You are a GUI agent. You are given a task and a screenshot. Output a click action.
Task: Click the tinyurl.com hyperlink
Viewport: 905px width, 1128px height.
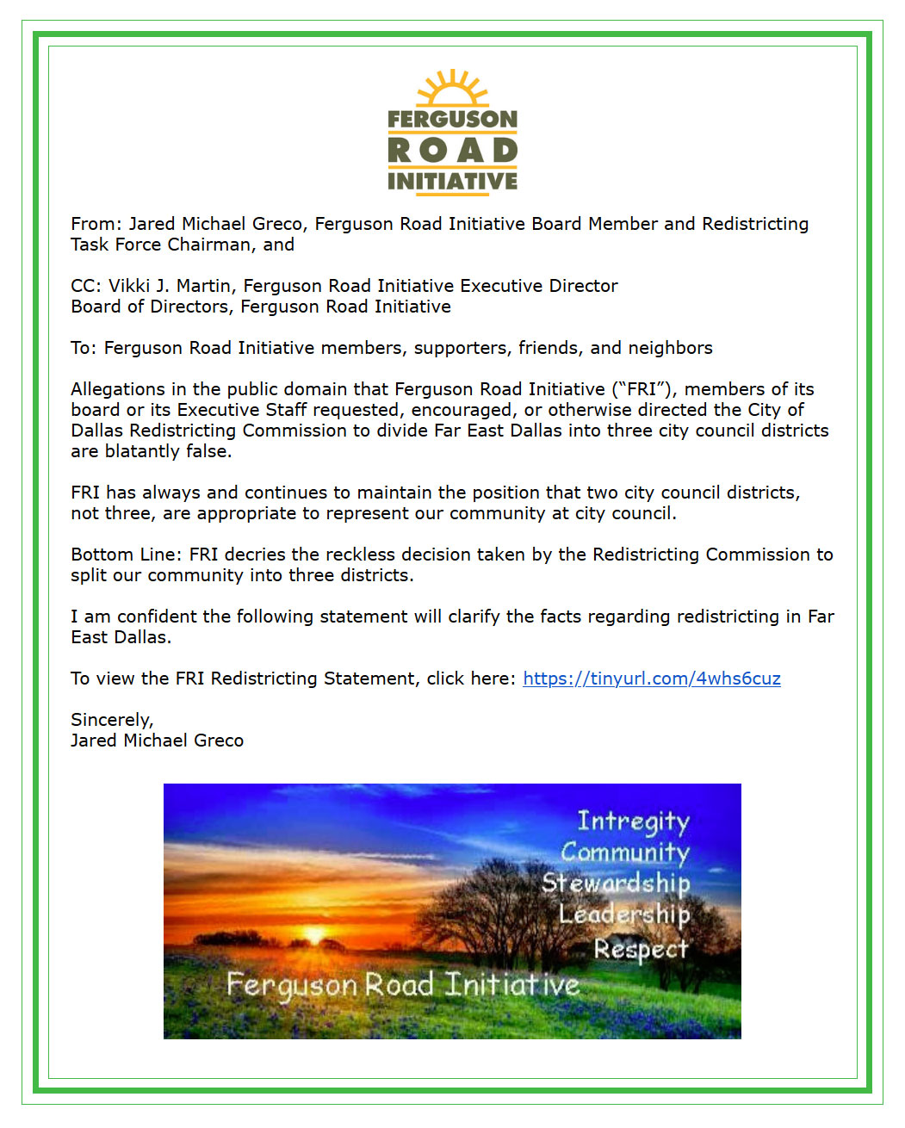[x=651, y=679]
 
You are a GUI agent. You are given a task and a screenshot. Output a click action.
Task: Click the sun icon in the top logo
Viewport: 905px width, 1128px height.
[x=452, y=89]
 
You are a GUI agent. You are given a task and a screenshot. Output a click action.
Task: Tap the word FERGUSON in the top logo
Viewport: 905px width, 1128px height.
[x=452, y=119]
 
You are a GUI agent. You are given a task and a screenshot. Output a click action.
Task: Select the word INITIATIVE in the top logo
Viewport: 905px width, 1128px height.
[x=452, y=181]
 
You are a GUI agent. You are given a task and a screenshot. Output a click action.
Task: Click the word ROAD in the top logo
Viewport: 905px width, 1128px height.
[x=452, y=151]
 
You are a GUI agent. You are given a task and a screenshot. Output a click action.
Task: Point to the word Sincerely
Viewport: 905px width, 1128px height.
[x=112, y=720]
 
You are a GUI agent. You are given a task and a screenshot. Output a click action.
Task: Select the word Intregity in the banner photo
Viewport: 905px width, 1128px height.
[x=633, y=821]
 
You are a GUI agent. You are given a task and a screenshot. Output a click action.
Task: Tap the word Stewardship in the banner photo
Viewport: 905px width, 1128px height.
[x=616, y=883]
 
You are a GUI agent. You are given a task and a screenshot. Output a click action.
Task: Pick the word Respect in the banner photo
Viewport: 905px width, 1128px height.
[x=641, y=949]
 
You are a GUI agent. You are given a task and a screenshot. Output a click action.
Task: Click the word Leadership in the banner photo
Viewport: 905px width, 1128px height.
[x=624, y=914]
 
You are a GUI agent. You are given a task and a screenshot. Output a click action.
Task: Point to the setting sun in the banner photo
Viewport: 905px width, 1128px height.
[x=314, y=935]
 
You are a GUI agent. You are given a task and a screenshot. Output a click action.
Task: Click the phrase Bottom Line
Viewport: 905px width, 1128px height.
[x=126, y=555]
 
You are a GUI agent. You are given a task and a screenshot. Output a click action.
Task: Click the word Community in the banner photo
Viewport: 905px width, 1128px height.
[x=625, y=852]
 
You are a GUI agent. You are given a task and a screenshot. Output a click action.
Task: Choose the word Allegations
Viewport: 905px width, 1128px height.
[x=118, y=389]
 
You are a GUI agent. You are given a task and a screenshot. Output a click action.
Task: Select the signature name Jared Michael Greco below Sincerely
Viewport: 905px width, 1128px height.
[x=157, y=741]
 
